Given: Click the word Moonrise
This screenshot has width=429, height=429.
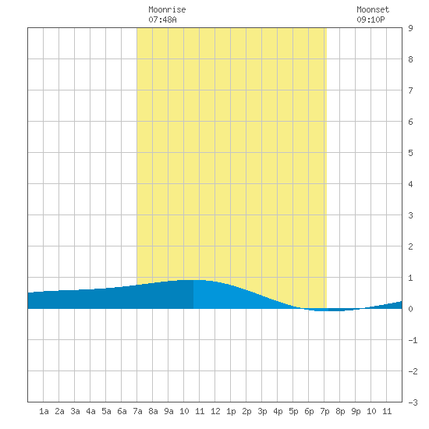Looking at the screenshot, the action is coord(167,9).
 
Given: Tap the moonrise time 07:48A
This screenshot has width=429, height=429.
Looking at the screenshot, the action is coord(162,19).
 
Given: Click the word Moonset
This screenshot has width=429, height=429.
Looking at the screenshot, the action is coord(373,9).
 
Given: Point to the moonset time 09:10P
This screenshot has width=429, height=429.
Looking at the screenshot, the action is coord(370,19).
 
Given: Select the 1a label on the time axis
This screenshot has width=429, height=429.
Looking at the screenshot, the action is coord(44,411).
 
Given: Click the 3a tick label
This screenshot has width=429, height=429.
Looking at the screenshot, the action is coord(75,411).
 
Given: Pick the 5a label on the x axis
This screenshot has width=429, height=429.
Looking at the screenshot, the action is coord(106,411).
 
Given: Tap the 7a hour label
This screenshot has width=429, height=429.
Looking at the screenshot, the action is coord(137,411).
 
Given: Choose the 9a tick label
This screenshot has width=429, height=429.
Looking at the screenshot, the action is coord(168,411).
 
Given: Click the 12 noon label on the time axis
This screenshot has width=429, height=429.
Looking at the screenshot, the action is coord(215,411).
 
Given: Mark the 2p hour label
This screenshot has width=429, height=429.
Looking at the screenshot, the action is coord(246,411).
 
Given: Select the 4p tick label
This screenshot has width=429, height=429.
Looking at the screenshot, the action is coord(278,411).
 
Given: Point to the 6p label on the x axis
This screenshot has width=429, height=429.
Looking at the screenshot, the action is coord(309,411).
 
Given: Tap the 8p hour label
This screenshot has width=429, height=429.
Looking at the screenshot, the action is coord(340,411).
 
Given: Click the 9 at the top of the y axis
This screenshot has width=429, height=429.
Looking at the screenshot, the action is coord(410,28).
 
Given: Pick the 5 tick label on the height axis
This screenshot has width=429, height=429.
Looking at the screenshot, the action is coord(410,153).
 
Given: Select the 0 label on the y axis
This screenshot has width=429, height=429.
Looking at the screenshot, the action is coord(410,309).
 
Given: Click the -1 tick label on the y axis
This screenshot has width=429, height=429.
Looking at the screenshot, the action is coord(413,340).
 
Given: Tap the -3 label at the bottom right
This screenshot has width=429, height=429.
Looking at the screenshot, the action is coord(413,402).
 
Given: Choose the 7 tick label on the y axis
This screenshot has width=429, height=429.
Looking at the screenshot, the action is coord(410,90).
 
